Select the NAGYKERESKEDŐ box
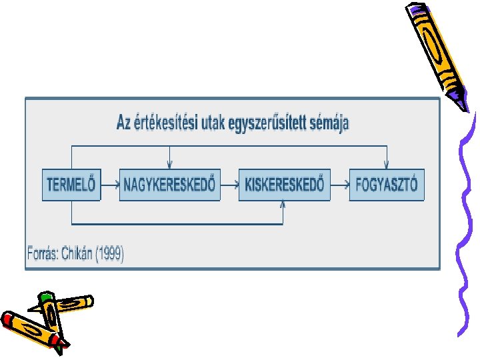(169, 185)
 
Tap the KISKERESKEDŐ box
(285, 185)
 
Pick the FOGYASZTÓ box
(387, 185)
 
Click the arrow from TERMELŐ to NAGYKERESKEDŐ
(111, 185)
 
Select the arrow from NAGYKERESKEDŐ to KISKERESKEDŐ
(229, 185)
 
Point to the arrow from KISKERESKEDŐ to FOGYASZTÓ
(340, 185)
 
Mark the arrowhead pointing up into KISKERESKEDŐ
(283, 205)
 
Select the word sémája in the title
(327, 123)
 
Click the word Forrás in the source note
(42, 253)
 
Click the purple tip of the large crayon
(461, 102)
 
